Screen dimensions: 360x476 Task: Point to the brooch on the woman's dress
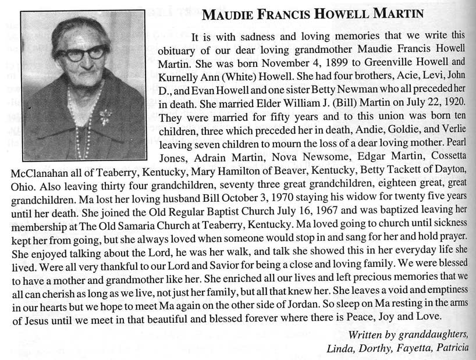(x=106, y=116)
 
